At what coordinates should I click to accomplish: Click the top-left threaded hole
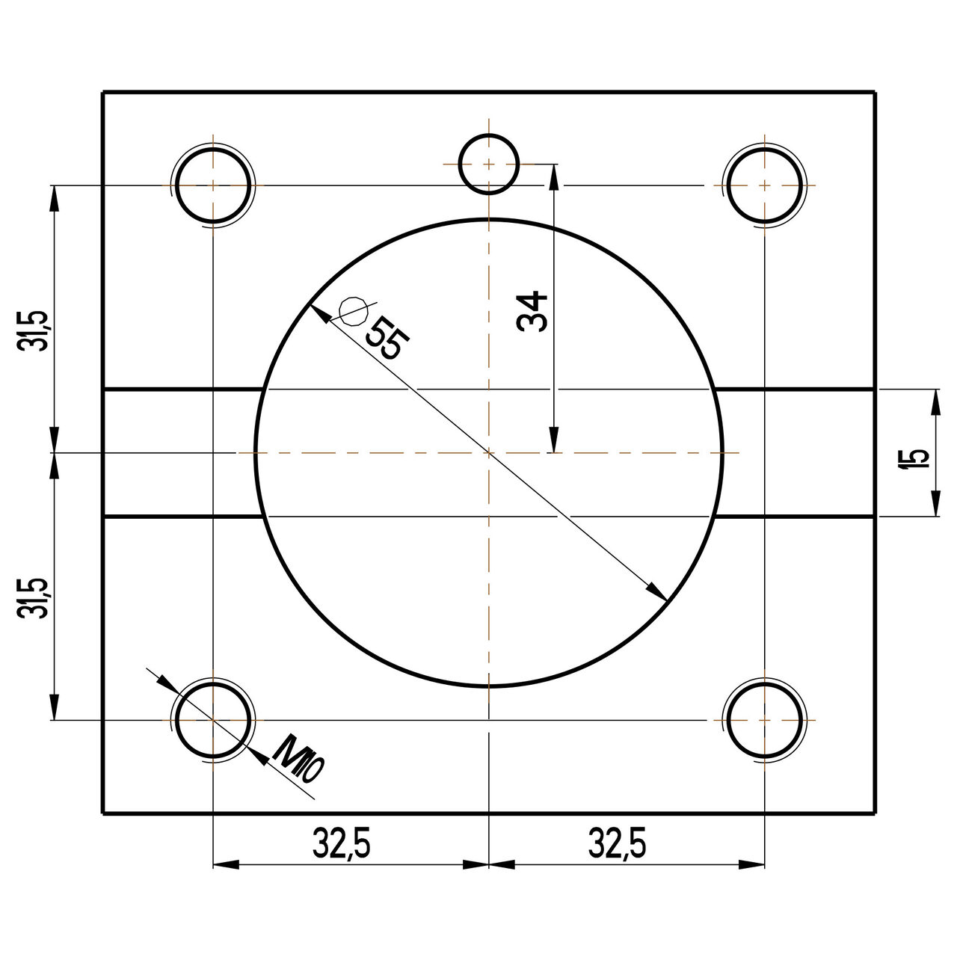click(x=213, y=185)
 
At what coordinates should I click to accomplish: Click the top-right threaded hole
click(x=765, y=185)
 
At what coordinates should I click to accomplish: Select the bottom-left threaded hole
click(x=213, y=720)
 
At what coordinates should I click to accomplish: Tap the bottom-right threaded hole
click(x=765, y=720)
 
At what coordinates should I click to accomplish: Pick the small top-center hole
click(x=488, y=164)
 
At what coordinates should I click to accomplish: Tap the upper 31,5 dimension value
click(x=36, y=329)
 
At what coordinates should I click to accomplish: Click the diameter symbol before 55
click(x=352, y=310)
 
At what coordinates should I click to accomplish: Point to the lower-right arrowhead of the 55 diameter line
click(x=658, y=591)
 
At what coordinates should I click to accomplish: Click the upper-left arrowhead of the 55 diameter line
click(x=319, y=313)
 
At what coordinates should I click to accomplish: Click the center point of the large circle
click(x=488, y=452)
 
